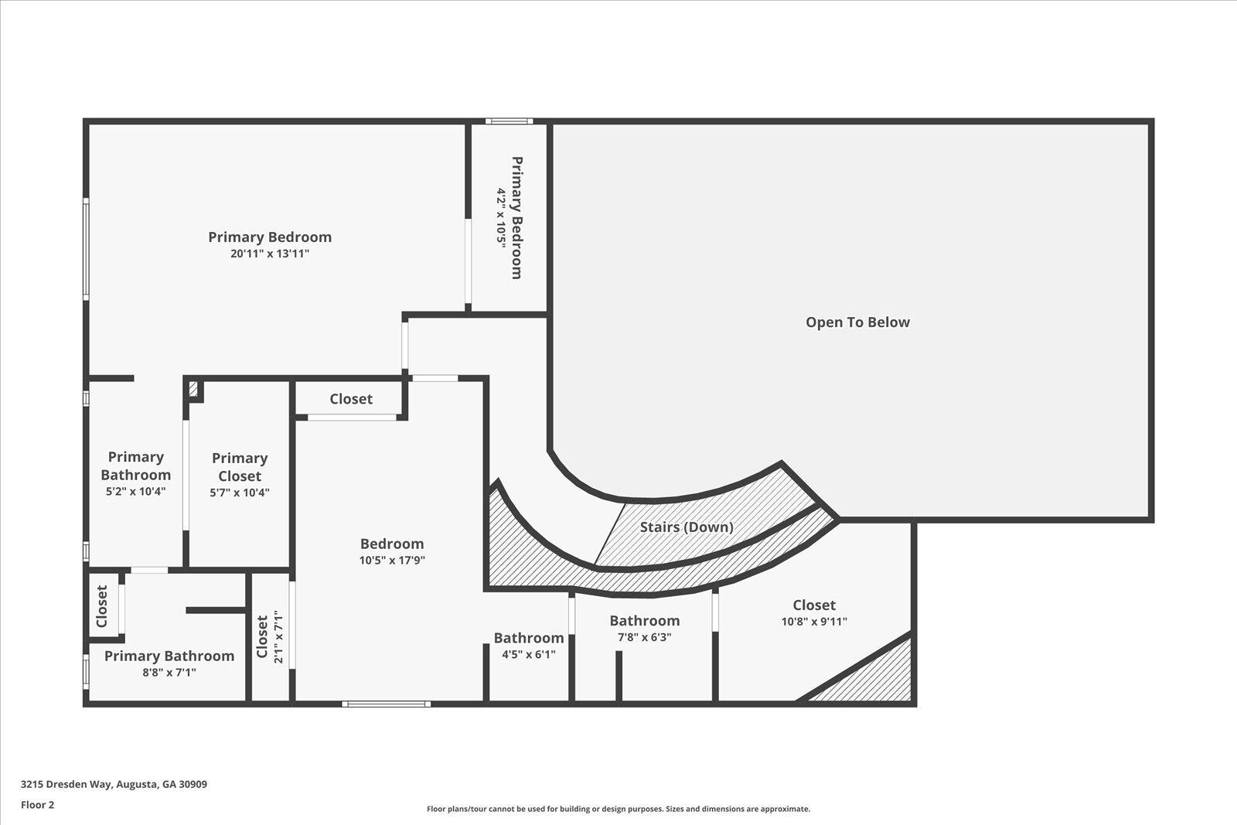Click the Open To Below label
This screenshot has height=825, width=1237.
coord(857,322)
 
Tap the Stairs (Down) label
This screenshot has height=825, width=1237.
coord(687,527)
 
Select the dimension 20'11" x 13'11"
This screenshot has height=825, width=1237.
coord(270,254)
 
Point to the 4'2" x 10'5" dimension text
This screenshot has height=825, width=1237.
coord(502,217)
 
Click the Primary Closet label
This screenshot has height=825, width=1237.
coord(240,467)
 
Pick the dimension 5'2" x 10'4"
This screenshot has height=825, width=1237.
coord(135,492)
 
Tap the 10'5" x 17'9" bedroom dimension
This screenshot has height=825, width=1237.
coord(392,561)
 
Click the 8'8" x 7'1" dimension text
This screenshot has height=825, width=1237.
coord(169,673)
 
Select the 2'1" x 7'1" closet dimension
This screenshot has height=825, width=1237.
coord(279,637)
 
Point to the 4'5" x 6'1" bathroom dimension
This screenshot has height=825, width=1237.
coord(529,654)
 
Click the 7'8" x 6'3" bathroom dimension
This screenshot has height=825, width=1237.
coord(644,637)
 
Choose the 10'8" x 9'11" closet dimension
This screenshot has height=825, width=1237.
coord(814,621)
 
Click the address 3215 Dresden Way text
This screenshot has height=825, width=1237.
coord(114,784)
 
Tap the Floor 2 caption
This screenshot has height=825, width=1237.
coord(37,805)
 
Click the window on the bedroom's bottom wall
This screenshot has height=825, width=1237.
coord(387,704)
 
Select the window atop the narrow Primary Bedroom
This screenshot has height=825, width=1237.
coord(509,121)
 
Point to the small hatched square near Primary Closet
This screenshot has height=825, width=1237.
coord(194,389)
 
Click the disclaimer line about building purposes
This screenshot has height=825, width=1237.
coord(618,810)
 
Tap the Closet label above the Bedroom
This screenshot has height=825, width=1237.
coord(351,399)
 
